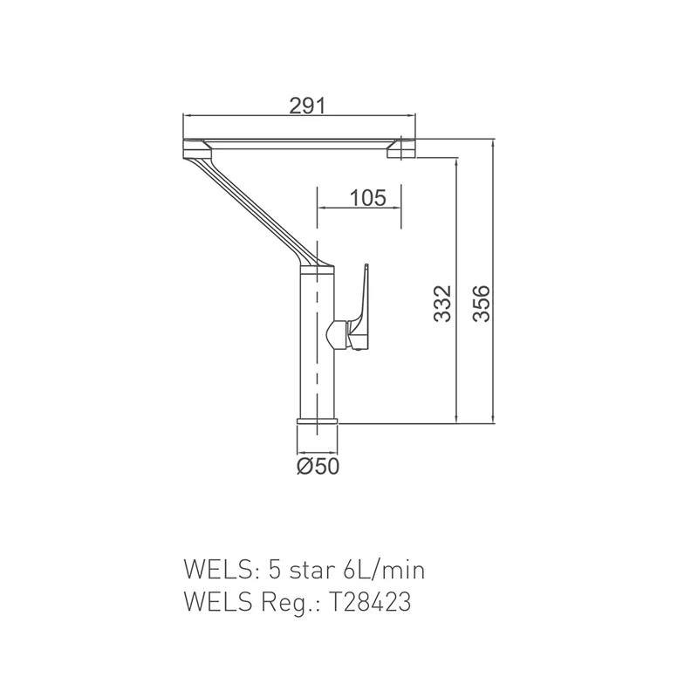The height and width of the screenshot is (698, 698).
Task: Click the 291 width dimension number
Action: tap(307, 106)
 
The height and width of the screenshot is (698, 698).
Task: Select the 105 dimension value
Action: tap(367, 198)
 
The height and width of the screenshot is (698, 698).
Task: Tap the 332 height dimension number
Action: tap(443, 304)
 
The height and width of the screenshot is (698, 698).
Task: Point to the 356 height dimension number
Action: tap(482, 304)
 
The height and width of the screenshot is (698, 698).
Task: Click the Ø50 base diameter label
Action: tap(318, 466)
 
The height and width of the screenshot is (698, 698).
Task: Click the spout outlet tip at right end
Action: tap(401, 149)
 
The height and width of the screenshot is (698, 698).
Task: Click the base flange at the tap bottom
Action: tap(318, 421)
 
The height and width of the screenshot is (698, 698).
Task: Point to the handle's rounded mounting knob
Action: tap(337, 334)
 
